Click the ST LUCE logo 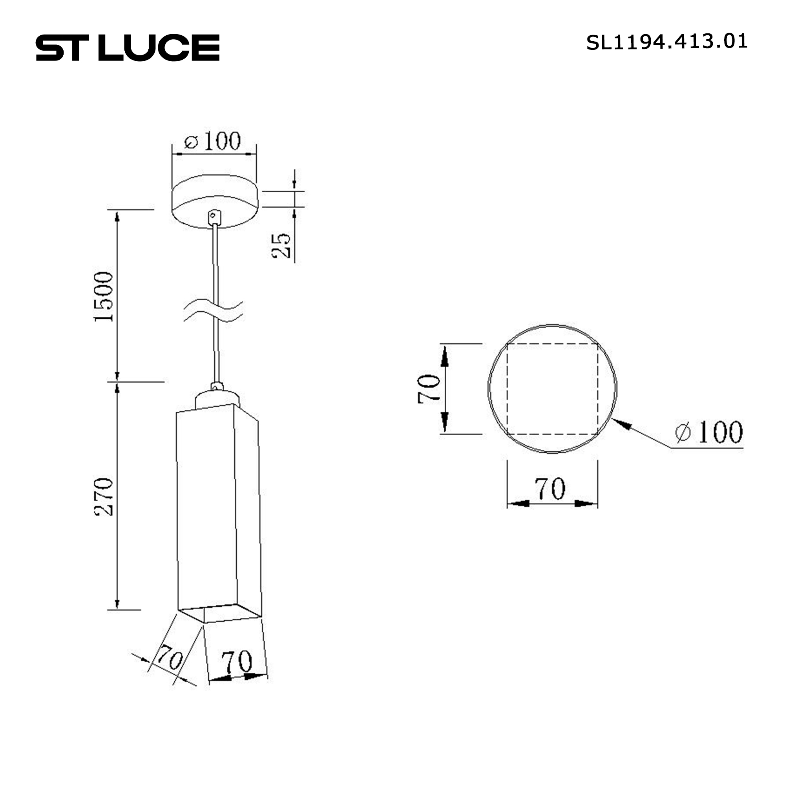(128, 48)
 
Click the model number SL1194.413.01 (666, 42)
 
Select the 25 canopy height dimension (281, 245)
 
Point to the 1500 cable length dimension (104, 297)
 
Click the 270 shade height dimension (104, 497)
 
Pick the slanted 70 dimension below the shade (170, 657)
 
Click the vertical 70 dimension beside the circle (429, 389)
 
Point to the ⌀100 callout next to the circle (709, 432)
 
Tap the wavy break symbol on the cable (213, 312)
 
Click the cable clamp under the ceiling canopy (214, 216)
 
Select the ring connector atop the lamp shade (217, 386)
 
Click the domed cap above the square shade (217, 398)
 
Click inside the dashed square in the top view (552, 389)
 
